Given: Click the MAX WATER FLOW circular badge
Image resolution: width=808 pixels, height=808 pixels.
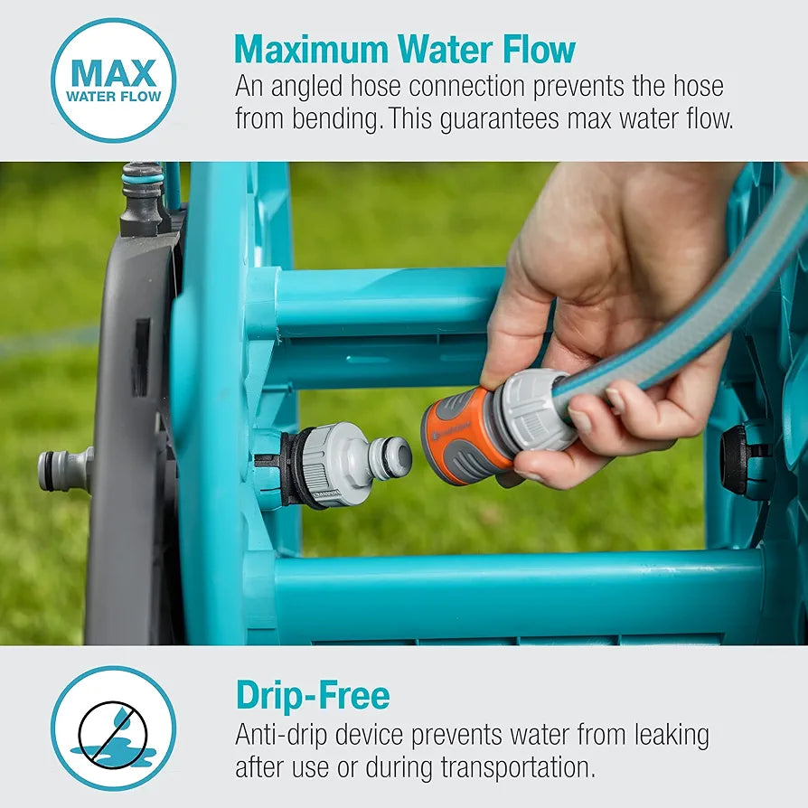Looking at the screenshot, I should (113, 80).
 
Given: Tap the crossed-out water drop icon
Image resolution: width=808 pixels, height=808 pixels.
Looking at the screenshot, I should (113, 728).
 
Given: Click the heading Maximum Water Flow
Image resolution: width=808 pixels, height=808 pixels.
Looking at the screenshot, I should (405, 49).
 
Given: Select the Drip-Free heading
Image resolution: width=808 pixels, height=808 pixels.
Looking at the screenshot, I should (313, 695).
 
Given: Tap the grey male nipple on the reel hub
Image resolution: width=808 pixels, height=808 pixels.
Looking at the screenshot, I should (390, 457).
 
